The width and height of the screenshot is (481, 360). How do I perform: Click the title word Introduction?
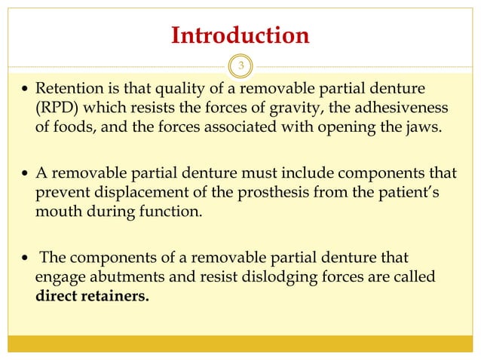tap(240, 35)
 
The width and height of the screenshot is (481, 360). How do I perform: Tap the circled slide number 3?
tap(240, 66)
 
